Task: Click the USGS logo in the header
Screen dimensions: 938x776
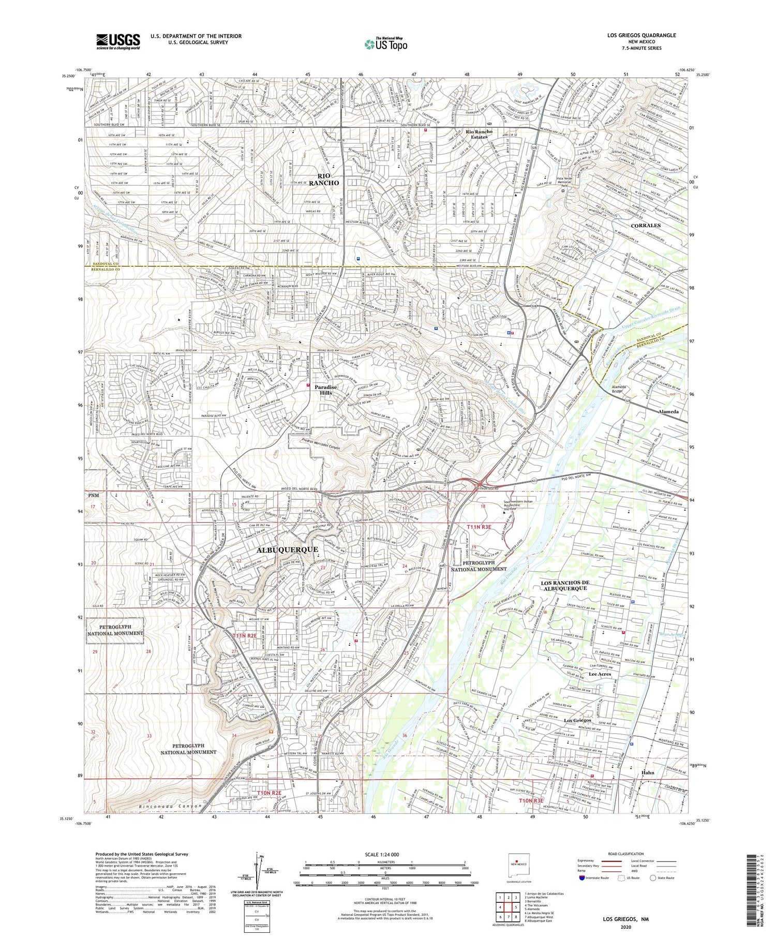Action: coord(118,41)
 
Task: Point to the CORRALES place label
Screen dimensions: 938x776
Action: coord(646,226)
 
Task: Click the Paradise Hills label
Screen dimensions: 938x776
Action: coord(327,390)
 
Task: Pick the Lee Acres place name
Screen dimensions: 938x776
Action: coord(600,674)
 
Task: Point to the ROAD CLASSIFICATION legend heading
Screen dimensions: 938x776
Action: coord(626,854)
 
